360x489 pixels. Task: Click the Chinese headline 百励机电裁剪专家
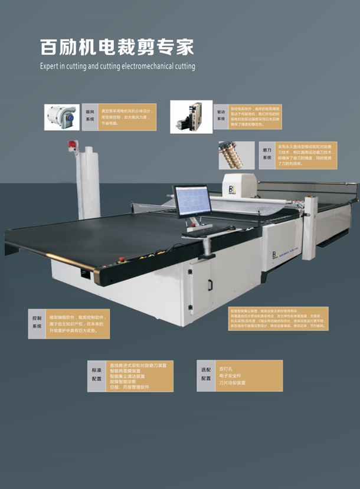pyautogui.click(x=116, y=47)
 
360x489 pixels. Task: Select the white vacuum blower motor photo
pyautogui.click(x=62, y=116)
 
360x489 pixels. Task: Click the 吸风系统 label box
pyautogui.click(x=90, y=115)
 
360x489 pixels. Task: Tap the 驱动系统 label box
pyautogui.click(x=221, y=116)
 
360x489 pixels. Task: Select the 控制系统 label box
pyautogui.click(x=37, y=322)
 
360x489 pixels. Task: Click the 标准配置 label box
pyautogui.click(x=96, y=375)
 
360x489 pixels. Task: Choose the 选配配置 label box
pyautogui.click(x=206, y=375)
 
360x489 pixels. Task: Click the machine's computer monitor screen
pyautogui.click(x=192, y=202)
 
